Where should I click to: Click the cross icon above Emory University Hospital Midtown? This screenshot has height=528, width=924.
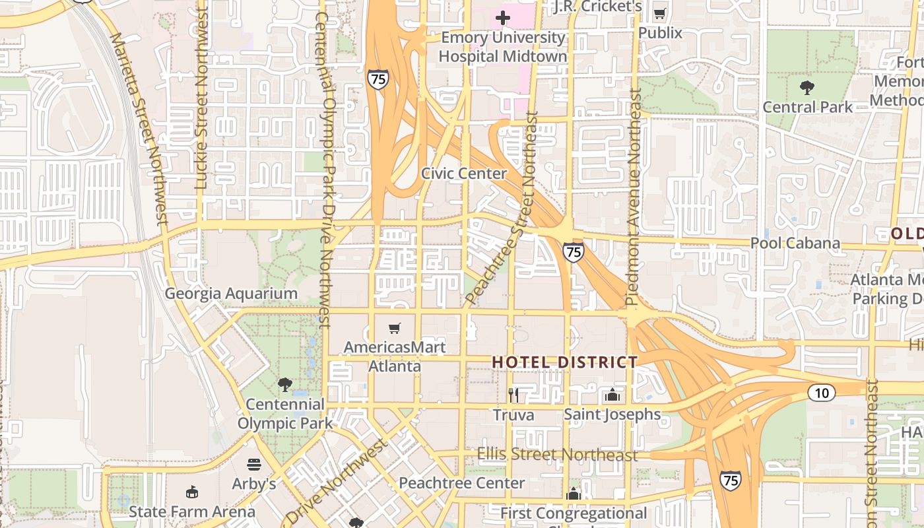click(503, 18)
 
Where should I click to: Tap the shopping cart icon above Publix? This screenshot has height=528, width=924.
click(659, 13)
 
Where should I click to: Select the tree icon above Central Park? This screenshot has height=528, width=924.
click(807, 87)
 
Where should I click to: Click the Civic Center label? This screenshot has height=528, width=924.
click(464, 174)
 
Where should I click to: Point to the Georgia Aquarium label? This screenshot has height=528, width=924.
click(231, 294)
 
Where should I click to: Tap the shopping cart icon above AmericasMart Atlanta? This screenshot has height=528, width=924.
click(395, 328)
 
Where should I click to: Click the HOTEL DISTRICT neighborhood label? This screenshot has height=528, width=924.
click(565, 362)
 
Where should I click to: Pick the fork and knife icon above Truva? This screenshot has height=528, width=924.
click(513, 395)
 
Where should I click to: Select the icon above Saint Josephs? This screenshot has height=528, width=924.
click(612, 395)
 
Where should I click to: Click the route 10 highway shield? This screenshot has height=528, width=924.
click(822, 393)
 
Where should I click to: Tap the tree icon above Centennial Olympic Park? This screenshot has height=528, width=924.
click(285, 384)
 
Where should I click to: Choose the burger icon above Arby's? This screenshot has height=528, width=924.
click(254, 465)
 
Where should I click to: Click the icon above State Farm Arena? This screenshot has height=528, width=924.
click(191, 492)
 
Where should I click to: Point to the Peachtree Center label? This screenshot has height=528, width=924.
click(462, 483)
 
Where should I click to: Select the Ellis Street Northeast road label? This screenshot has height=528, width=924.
click(557, 455)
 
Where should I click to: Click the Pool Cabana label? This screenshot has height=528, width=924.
click(795, 243)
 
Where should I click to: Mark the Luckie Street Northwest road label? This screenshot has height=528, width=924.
click(202, 99)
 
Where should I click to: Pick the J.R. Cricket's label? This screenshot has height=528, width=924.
click(598, 7)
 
